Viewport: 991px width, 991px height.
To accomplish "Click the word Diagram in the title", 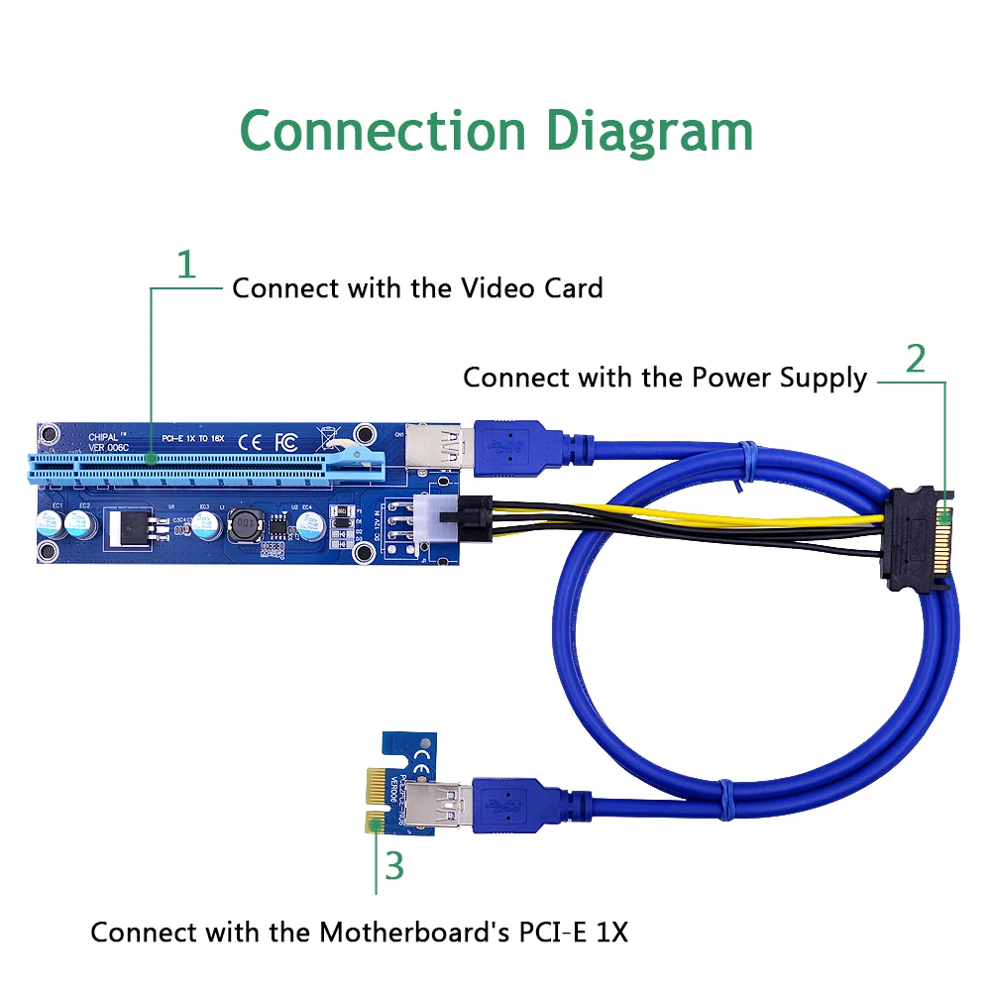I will coord(650,132).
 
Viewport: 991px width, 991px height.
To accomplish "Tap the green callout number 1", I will coord(185,265).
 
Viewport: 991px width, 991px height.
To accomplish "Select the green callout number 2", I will coord(916,358).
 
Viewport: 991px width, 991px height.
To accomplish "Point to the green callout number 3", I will coord(394,865).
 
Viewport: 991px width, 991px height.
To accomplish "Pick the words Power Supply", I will coord(779,378).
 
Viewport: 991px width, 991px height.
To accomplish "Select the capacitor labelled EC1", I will coord(51,526).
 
